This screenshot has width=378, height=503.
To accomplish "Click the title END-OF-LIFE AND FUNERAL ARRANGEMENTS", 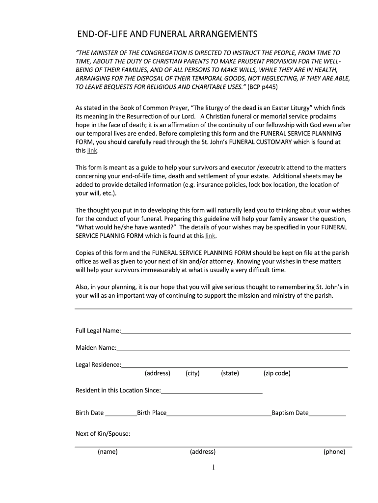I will [x=167, y=34].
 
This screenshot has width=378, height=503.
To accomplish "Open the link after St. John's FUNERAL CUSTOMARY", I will [x=92, y=151].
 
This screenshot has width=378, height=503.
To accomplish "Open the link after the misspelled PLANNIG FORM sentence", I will [x=210, y=236].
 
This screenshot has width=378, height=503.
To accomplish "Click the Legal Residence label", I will [x=98, y=364].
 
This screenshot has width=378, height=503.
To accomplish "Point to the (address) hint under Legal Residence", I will [x=158, y=373].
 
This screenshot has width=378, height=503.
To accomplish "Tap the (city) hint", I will [x=192, y=373].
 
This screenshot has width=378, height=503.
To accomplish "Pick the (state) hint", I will [x=230, y=373].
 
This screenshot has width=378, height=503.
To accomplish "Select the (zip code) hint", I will [x=277, y=373].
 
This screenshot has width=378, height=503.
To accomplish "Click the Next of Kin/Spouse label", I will [x=103, y=434].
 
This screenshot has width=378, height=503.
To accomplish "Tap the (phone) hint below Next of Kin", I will [x=334, y=452].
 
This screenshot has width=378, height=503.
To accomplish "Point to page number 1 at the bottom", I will [x=214, y=468].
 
